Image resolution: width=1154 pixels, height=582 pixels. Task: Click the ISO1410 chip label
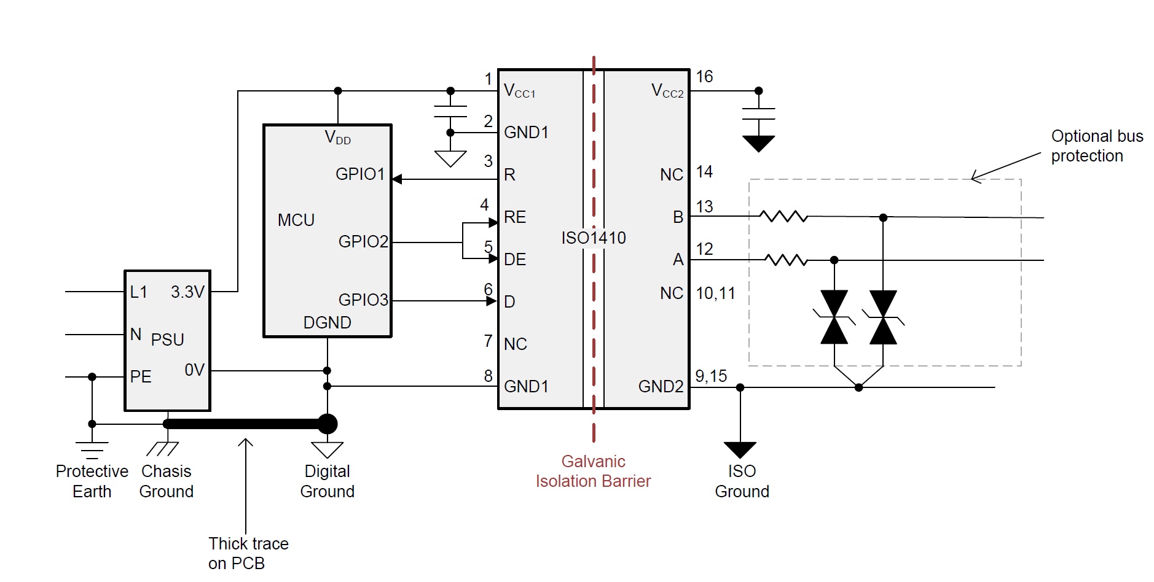[594, 238]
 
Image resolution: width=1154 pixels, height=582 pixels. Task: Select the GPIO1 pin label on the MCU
[360, 174]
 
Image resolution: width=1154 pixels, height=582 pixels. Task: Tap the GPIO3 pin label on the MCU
[363, 300]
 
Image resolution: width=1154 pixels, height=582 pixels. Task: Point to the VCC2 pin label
[667, 91]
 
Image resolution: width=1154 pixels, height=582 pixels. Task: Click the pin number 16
[704, 77]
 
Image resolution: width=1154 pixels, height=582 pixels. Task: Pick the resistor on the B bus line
[783, 216]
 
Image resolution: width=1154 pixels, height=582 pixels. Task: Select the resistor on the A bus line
[787, 260]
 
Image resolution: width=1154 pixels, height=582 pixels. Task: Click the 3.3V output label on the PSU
[187, 292]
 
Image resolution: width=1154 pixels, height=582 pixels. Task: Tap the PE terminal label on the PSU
[141, 376]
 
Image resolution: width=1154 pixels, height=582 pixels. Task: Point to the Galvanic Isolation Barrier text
[593, 471]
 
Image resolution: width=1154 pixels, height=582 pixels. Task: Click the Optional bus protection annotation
[1097, 146]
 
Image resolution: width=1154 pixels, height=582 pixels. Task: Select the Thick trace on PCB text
[248, 553]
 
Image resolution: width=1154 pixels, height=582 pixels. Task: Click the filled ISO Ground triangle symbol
[740, 450]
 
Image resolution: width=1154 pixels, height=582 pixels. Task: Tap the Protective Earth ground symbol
[92, 450]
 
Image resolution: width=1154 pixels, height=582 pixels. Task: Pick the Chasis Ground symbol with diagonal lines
[163, 449]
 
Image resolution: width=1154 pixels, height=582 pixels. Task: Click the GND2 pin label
[661, 386]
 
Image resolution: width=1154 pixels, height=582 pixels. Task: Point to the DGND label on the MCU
[328, 322]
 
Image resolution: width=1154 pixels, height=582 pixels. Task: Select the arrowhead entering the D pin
[491, 301]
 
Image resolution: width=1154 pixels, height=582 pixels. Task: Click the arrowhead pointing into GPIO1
[397, 179]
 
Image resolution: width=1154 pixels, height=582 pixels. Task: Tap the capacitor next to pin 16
[758, 114]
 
